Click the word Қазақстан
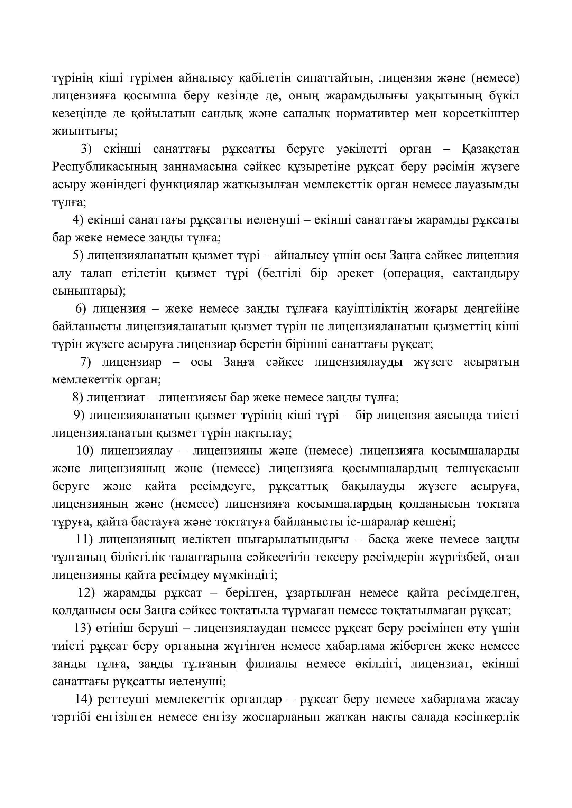pyautogui.click(x=490, y=149)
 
